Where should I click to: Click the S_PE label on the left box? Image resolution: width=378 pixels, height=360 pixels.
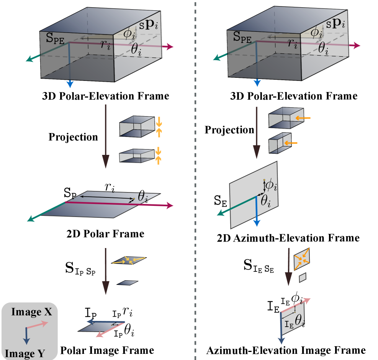click(54, 38)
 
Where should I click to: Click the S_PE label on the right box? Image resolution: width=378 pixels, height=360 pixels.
click(242, 38)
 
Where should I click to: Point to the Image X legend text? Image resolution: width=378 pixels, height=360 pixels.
click(31, 312)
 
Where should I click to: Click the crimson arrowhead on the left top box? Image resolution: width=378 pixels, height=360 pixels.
click(170, 47)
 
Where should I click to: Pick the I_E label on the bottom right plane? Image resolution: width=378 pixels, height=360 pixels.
click(289, 324)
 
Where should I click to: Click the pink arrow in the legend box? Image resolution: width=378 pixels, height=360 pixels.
click(37, 325)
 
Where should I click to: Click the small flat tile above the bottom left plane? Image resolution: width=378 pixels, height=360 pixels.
click(127, 283)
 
